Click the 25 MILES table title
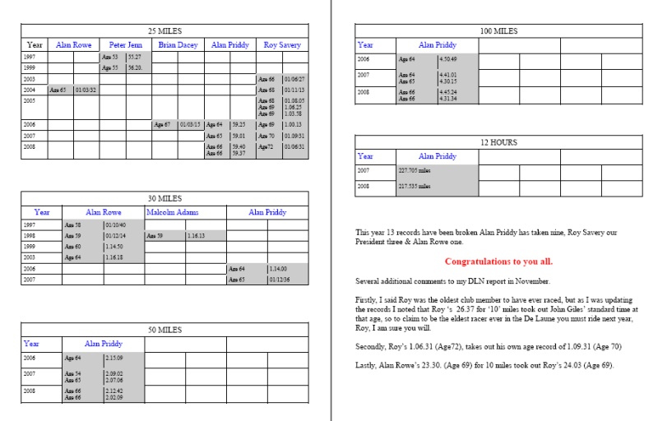pos(164,30)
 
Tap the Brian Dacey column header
pos(178,44)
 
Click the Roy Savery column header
pos(282,44)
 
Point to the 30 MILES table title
pos(164,198)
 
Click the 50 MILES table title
pos(164,330)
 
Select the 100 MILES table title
pos(498,31)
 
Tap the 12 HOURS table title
pos(498,142)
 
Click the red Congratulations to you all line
pos(498,261)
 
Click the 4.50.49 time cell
pos(449,60)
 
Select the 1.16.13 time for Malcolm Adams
pos(197,235)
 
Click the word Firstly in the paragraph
pos(368,302)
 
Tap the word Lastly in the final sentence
pos(366,365)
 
